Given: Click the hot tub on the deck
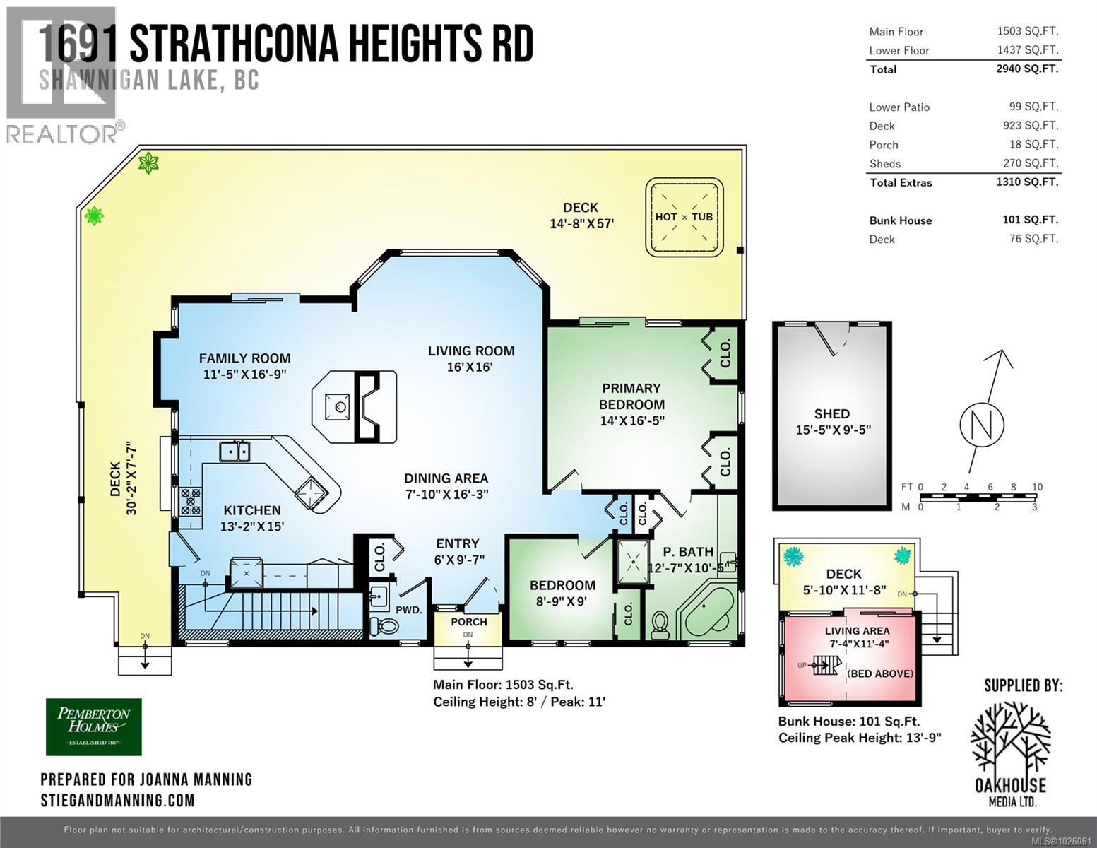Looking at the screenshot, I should pos(684,217).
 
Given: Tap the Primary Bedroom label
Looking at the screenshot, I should pos(631,396).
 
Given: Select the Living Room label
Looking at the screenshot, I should pos(470,351).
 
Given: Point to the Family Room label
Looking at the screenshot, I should pos(244,358).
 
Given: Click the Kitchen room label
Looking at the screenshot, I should pos(252,510).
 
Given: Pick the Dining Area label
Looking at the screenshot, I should pos(446,478).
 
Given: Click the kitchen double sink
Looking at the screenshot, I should pos(234,451).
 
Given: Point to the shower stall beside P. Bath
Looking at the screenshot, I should pos(634,563).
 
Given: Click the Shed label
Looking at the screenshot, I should pos(832,414).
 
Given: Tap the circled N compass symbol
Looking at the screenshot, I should pos(982,425).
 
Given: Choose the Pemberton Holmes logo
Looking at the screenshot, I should pos(94,726).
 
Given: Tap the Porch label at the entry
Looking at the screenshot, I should pos(469,622).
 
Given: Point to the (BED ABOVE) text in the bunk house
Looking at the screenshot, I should pos(880,673).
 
